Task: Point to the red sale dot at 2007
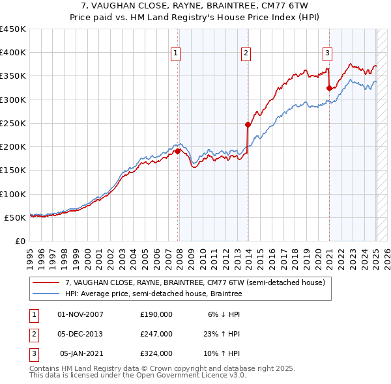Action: click(177, 151)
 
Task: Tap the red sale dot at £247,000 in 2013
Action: click(248, 124)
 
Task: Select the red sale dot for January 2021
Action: click(329, 88)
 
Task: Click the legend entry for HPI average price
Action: click(153, 294)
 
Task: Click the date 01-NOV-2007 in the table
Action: click(80, 314)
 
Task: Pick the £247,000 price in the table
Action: click(156, 334)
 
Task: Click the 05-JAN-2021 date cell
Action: click(81, 354)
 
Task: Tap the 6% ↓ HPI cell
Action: click(224, 314)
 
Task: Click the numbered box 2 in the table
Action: click(33, 334)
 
